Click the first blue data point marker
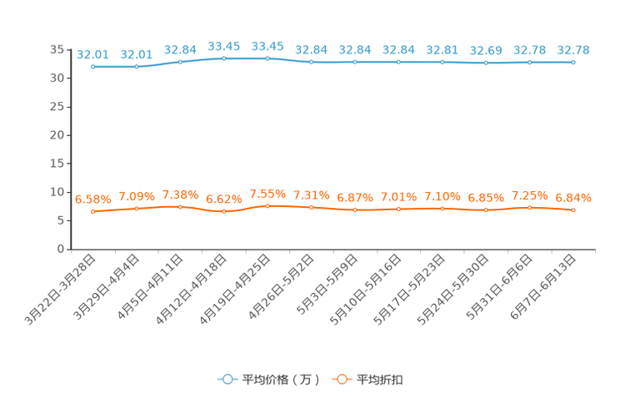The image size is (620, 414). click(x=92, y=67)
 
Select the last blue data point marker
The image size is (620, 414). click(x=573, y=62)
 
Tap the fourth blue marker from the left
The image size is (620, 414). click(x=223, y=58)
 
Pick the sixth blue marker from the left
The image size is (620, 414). click(x=311, y=62)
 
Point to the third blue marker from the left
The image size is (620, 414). click(x=180, y=62)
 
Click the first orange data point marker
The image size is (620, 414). click(x=92, y=212)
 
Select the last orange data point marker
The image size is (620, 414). click(x=573, y=210)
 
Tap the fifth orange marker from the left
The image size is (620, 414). click(x=267, y=205)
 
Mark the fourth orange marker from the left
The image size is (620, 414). click(x=223, y=212)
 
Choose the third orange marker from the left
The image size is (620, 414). click(x=180, y=207)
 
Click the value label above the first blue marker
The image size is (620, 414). click(x=92, y=54)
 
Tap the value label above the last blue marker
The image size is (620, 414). click(x=573, y=50)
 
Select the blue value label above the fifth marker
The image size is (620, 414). click(x=267, y=45)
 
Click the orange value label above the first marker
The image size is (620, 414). click(x=92, y=199)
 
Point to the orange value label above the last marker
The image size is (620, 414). click(x=573, y=198)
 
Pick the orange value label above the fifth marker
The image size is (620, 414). click(x=267, y=193)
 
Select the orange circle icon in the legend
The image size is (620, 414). click(x=342, y=379)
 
